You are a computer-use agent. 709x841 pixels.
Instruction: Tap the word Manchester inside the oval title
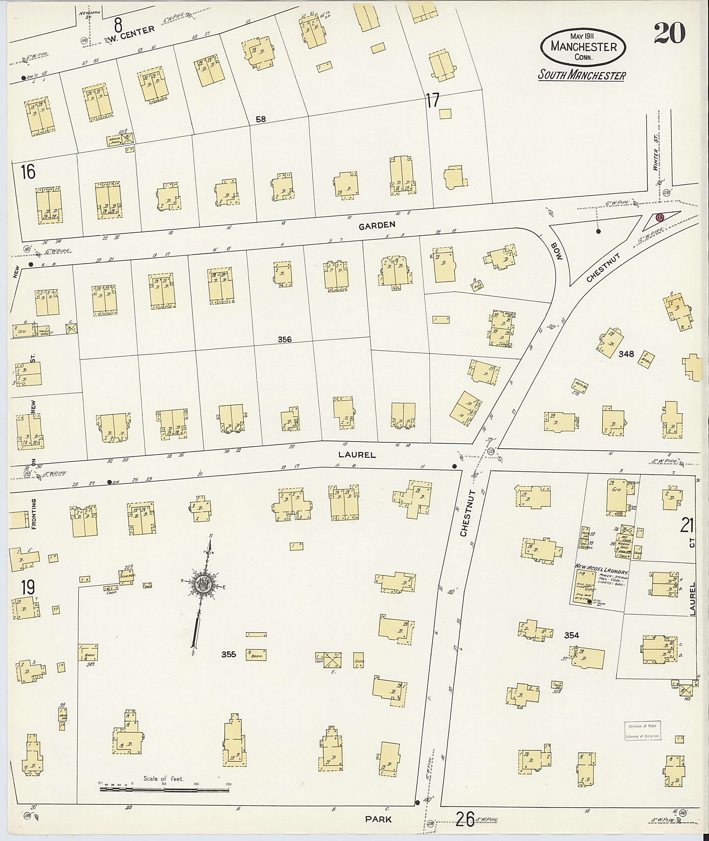pos(584,47)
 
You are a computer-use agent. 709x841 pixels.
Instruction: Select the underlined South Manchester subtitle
pos(582,75)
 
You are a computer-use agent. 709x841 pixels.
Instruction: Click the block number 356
pos(285,340)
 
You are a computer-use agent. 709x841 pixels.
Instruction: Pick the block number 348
pos(626,354)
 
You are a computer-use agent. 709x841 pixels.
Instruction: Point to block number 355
pos(229,655)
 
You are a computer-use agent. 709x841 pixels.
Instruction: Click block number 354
pos(571,636)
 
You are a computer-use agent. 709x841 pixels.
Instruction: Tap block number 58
pos(261,119)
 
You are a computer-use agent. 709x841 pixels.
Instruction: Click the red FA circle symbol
pos(659,217)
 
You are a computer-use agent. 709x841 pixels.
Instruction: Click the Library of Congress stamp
pos(642,731)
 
